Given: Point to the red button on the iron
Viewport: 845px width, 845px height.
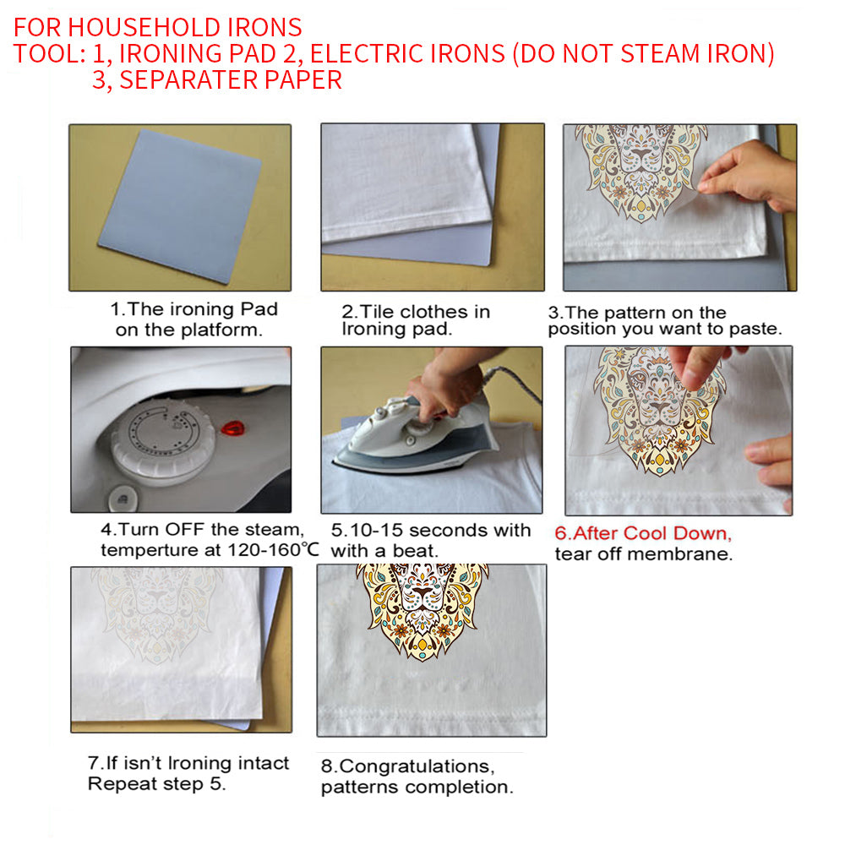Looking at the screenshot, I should (230, 429).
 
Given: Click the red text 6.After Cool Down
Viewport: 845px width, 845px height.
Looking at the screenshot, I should (643, 534).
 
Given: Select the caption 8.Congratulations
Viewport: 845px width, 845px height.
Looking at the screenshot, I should (405, 767).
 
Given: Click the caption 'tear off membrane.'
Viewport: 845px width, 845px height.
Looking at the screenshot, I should (643, 554).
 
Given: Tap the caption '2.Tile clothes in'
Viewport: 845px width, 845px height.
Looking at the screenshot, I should (416, 312).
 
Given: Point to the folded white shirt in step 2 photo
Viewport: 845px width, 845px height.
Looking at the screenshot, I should (406, 182).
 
